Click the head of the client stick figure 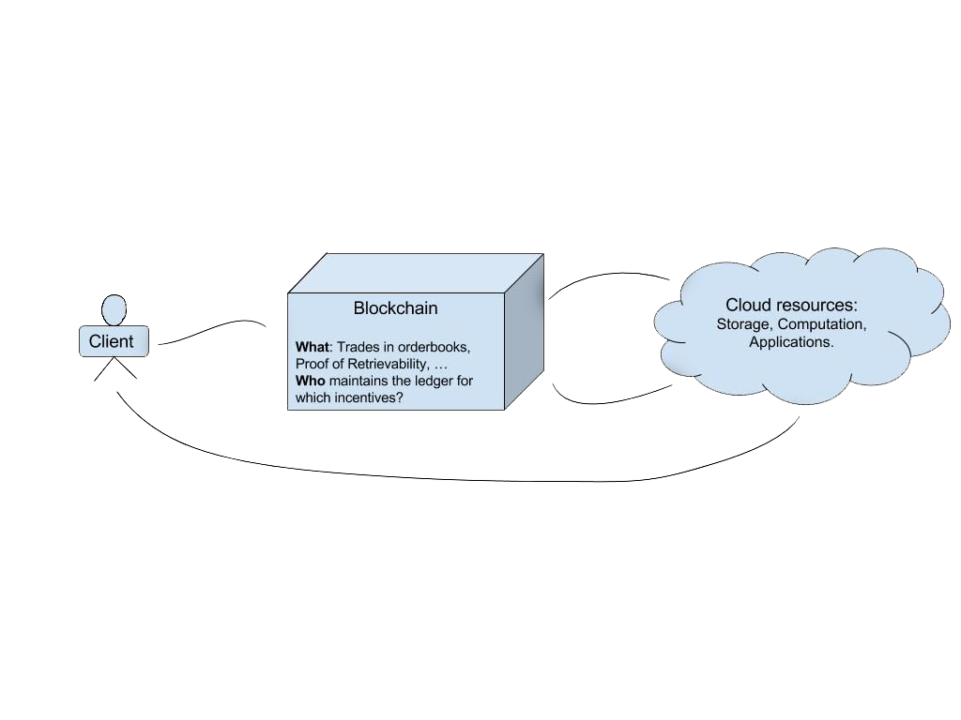pyautogui.click(x=114, y=309)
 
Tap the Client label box pyautogui.click(x=114, y=341)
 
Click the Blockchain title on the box pyautogui.click(x=395, y=307)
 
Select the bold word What pyautogui.click(x=312, y=347)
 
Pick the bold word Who pyautogui.click(x=310, y=381)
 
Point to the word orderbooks pyautogui.click(x=434, y=347)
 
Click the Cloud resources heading pyautogui.click(x=791, y=305)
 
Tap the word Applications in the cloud pyautogui.click(x=791, y=341)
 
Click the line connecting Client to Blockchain pyautogui.click(x=212, y=329)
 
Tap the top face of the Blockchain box pyautogui.click(x=416, y=273)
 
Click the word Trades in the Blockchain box pyautogui.click(x=358, y=347)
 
